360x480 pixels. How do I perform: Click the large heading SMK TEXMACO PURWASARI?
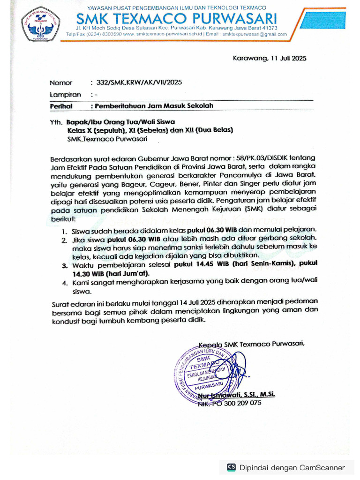click(x=176, y=19)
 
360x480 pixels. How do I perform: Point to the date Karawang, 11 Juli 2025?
click(x=270, y=59)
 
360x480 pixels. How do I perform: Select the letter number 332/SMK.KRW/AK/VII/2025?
click(x=139, y=82)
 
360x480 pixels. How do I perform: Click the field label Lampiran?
click(x=65, y=94)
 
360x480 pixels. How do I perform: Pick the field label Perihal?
click(x=61, y=106)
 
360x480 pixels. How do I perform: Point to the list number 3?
click(x=64, y=266)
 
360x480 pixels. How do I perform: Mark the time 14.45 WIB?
click(x=194, y=265)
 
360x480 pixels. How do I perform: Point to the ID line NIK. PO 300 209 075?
click(x=230, y=403)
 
